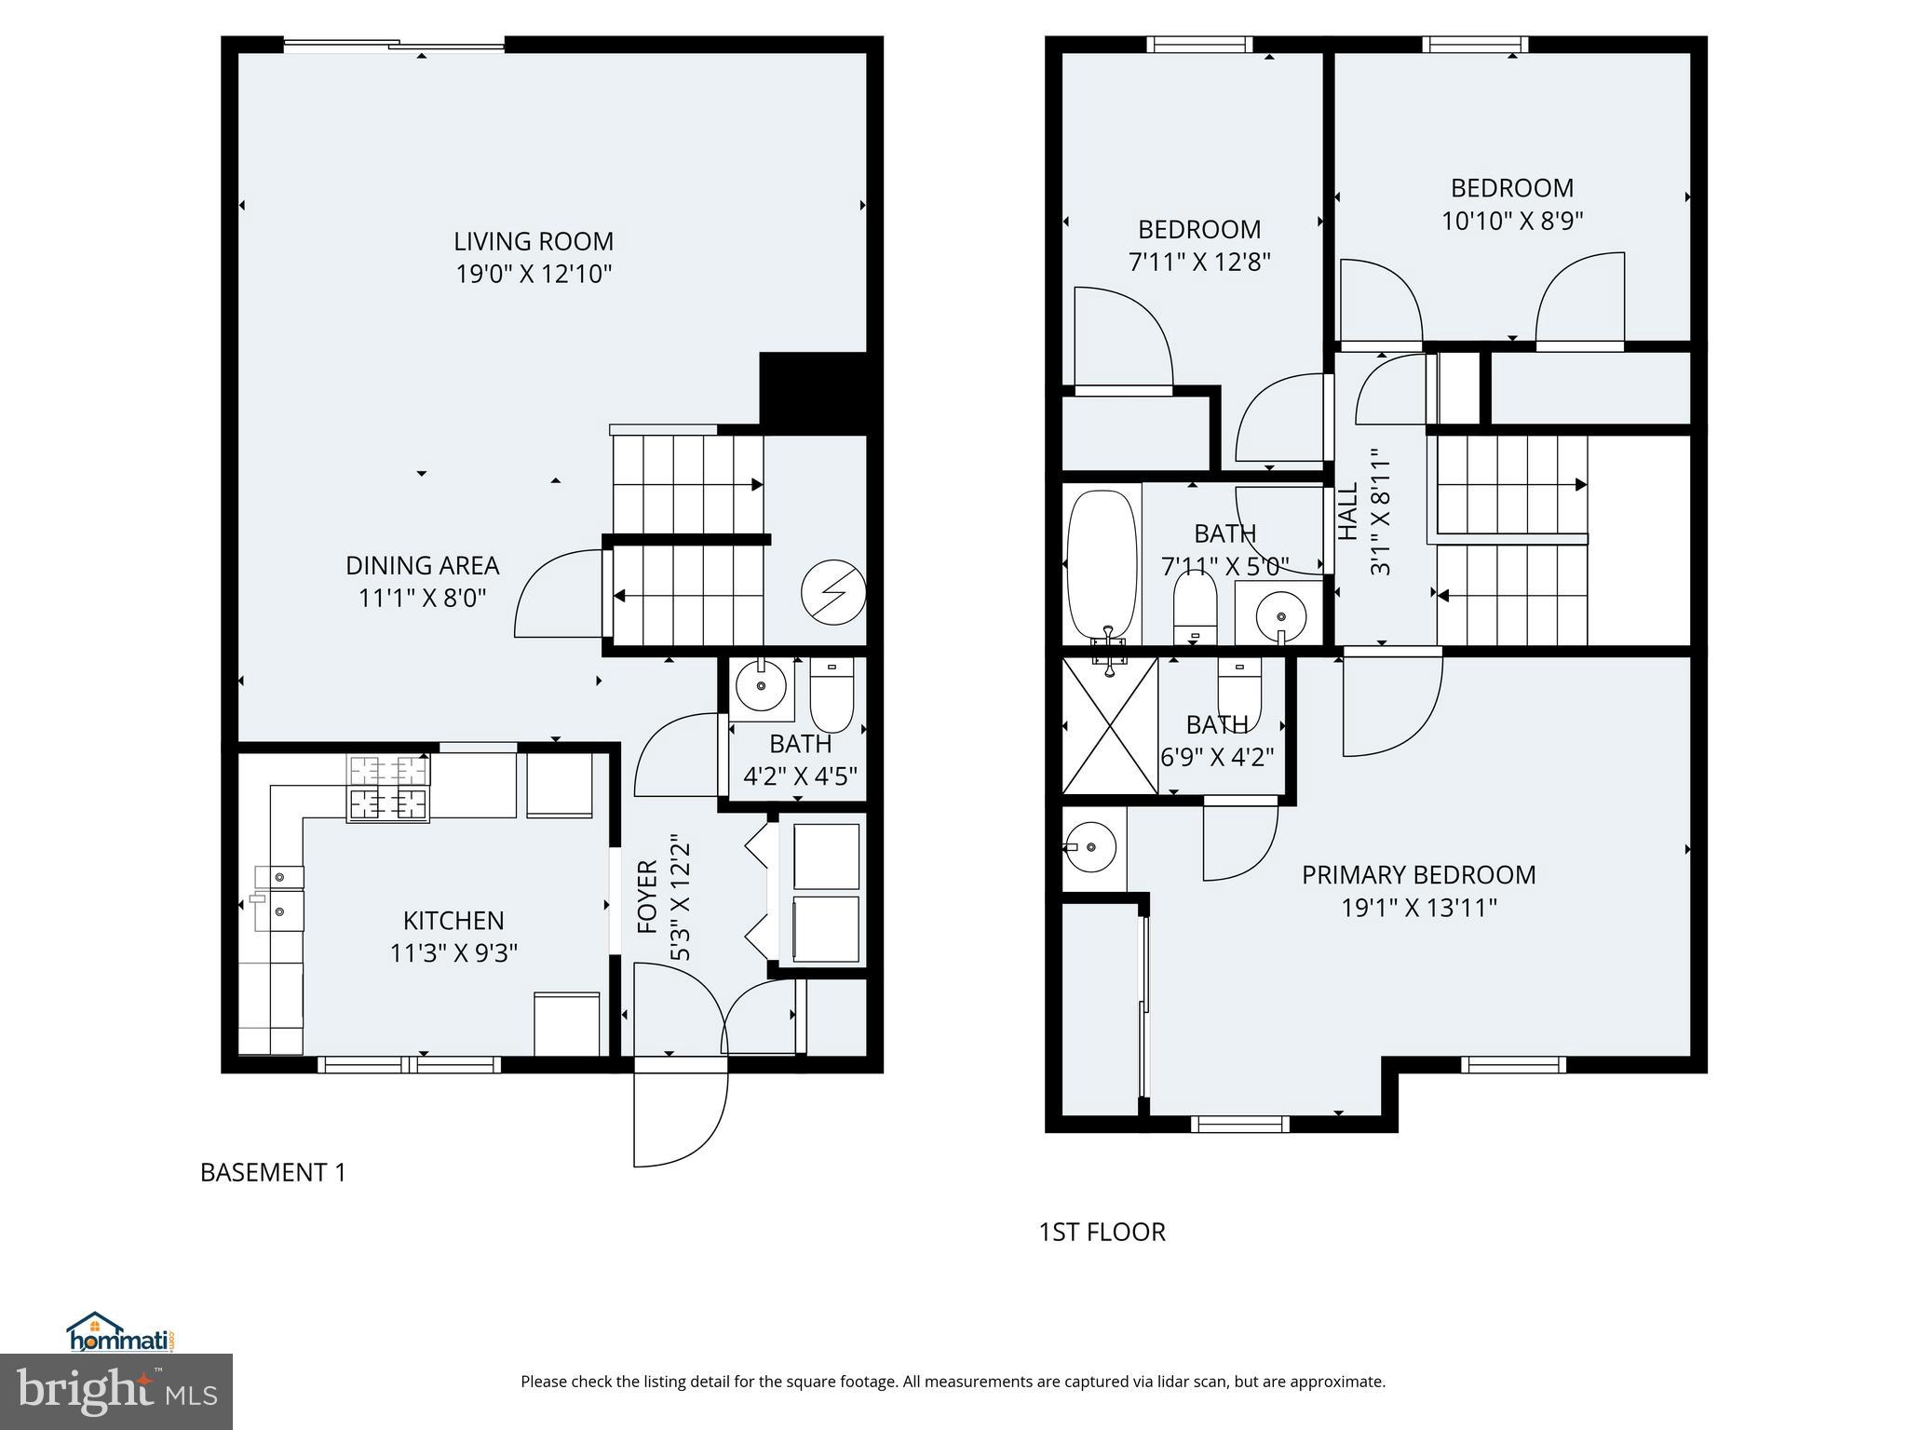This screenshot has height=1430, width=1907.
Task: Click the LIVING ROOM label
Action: (534, 241)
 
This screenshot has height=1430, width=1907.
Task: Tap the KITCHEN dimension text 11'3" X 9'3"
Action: (453, 953)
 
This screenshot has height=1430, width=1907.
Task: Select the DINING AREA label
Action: (422, 565)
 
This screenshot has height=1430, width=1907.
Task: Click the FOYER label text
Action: (648, 897)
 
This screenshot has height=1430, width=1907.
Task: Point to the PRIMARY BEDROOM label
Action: (1418, 875)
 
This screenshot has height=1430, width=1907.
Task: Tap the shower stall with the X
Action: (1110, 726)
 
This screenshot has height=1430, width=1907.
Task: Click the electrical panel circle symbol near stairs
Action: (833, 592)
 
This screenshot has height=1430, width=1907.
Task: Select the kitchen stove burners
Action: (388, 788)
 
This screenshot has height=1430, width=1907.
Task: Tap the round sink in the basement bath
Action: (762, 687)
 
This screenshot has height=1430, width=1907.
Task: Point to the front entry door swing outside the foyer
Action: (680, 1117)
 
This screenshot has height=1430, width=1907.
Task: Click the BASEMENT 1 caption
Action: (273, 1172)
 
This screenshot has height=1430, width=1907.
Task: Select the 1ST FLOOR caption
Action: (1102, 1232)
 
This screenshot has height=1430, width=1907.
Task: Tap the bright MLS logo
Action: (116, 1392)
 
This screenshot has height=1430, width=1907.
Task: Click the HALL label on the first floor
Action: (1347, 511)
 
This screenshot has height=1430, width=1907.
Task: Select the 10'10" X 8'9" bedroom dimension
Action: (1512, 222)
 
